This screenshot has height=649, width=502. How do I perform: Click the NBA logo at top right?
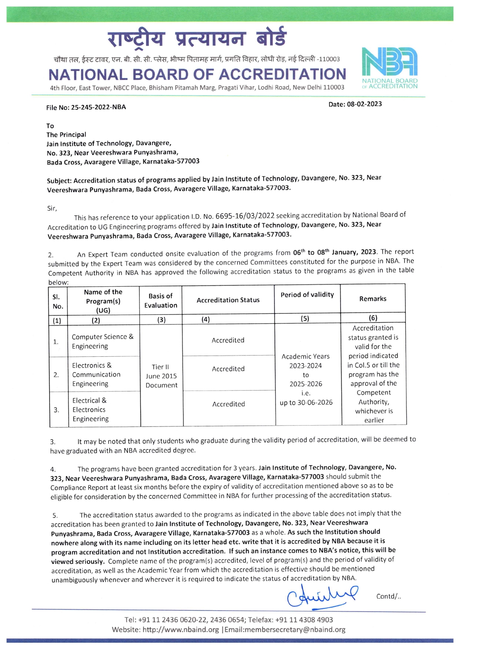[389, 67]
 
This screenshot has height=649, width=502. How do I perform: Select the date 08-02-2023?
[364, 104]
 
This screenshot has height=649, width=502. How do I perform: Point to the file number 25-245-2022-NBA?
[98, 107]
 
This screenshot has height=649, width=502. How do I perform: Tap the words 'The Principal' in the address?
[66, 135]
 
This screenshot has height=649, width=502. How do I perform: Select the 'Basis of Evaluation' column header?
[161, 301]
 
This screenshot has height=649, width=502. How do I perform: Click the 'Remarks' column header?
[373, 299]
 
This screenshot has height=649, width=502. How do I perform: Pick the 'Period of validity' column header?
[307, 295]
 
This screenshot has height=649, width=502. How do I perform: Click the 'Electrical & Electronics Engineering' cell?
[91, 409]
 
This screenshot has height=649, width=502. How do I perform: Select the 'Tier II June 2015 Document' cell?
[161, 376]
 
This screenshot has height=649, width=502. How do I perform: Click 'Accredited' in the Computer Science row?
[228, 340]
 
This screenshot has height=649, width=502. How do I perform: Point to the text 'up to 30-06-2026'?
[306, 402]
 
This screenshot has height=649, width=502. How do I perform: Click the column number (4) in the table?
[206, 319]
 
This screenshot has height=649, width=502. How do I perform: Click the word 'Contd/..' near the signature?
[388, 596]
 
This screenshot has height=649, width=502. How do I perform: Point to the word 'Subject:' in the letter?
[59, 181]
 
